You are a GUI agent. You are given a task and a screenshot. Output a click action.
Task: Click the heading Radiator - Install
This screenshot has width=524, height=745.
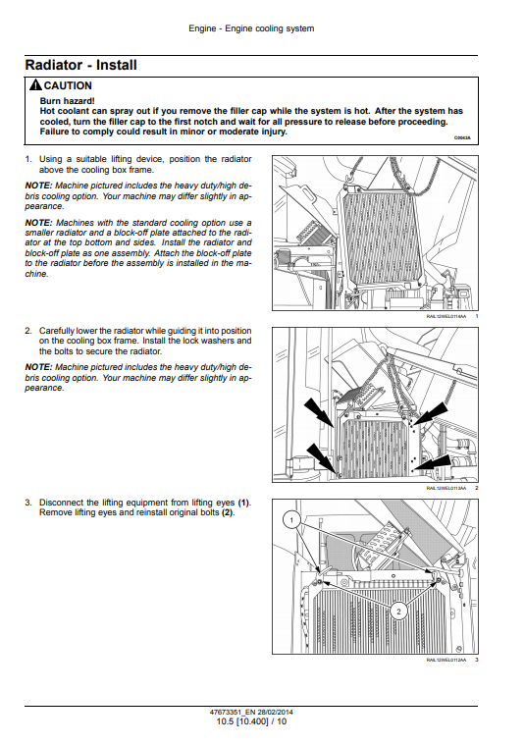tap(80, 65)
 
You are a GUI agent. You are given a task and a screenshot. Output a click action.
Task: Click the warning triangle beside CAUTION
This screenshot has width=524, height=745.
tap(35, 85)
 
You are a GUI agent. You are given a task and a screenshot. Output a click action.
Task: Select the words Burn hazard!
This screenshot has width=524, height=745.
tap(67, 101)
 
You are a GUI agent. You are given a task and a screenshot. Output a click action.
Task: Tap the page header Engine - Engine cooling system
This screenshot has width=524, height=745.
tap(251, 28)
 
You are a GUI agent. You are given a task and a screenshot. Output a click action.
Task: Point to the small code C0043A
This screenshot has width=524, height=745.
tap(462, 137)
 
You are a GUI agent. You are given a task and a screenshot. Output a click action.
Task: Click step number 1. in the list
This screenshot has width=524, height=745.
tap(28, 159)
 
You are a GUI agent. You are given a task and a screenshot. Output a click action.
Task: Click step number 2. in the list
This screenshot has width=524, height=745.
tap(28, 331)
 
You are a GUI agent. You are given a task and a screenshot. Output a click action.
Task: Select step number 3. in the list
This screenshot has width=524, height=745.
tap(28, 503)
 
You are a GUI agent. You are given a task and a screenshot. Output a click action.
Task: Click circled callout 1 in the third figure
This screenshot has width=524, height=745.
tap(291, 520)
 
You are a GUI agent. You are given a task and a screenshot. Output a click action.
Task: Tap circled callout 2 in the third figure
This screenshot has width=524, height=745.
tap(398, 611)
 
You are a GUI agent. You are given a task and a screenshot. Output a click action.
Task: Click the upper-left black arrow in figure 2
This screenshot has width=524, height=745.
tap(319, 412)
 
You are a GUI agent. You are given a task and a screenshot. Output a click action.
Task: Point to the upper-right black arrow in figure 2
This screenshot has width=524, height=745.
tap(431, 414)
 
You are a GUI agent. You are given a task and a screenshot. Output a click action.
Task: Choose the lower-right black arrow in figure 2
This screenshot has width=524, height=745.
tap(434, 463)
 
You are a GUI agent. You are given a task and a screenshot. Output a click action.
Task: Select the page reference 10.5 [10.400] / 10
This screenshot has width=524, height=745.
tap(251, 721)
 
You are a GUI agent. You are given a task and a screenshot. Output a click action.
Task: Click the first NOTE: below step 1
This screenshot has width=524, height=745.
tap(38, 186)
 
